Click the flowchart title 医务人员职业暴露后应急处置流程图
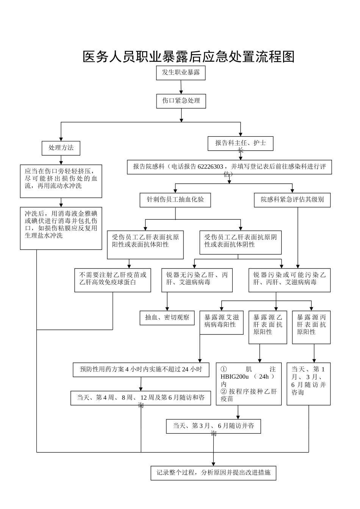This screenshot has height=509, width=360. coord(188,57)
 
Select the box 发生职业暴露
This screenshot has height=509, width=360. coord(181,72)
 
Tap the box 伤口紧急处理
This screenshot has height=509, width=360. coord(181,101)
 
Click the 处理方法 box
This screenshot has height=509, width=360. coord(61,148)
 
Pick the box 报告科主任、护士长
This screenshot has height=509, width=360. coord(240,144)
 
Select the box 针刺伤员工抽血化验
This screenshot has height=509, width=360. coord(175,200)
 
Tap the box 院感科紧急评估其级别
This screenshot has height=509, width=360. coord(292,200)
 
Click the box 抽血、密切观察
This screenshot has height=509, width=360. coord(167,317)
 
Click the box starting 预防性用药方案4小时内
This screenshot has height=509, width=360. coord(141,370)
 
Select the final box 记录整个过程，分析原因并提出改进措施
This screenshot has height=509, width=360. coord(213,473)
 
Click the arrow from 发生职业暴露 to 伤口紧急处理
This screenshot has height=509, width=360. coord(181,87)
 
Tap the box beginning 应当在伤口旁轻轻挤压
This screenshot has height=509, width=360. coord(61,180)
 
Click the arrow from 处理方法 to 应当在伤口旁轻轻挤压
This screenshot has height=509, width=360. coord(61,160)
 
